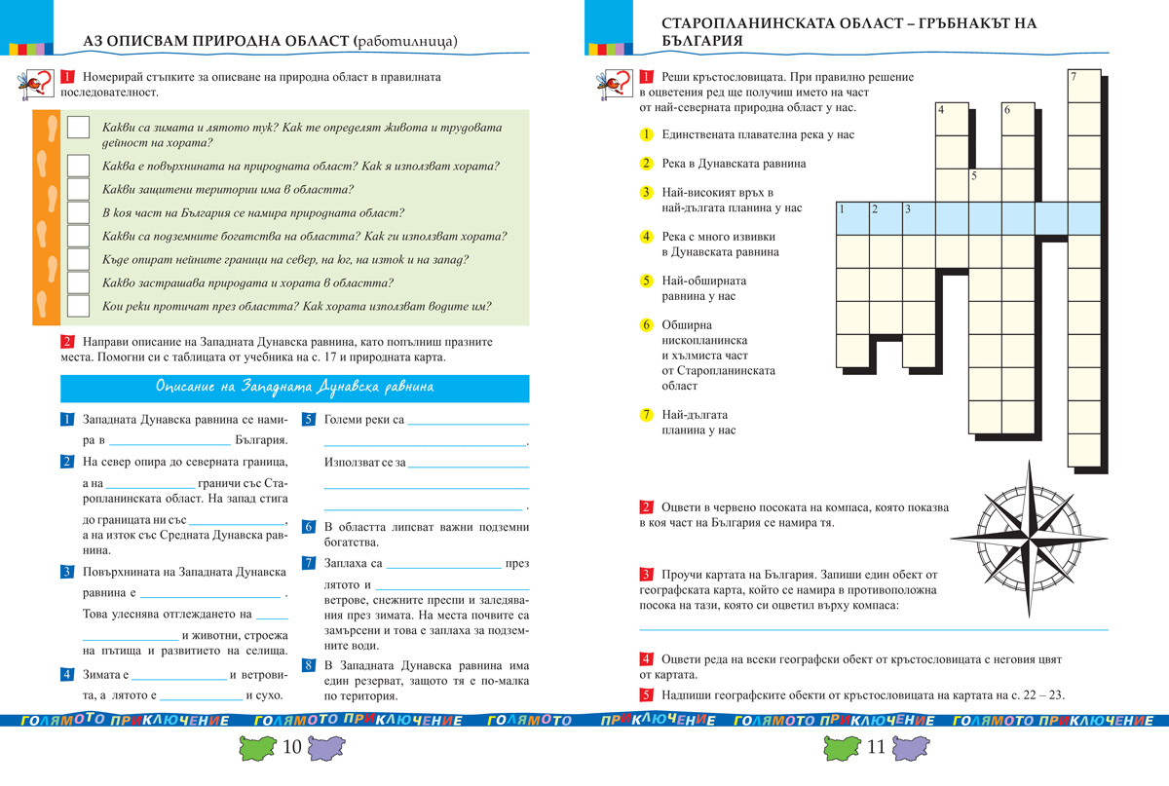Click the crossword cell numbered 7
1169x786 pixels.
[1084, 86]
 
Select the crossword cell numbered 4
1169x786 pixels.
[952, 120]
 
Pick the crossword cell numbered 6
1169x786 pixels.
[1017, 120]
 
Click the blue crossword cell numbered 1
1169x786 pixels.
[852, 218]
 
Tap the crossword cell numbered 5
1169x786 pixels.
[985, 185]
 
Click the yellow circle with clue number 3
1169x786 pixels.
[646, 192]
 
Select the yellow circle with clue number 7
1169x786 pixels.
[646, 415]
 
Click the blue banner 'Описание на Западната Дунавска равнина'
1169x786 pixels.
[295, 388]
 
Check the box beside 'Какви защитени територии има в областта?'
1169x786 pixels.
[79, 190]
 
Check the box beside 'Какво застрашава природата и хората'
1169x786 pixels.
[79, 283]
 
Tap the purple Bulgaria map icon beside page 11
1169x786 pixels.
[908, 748]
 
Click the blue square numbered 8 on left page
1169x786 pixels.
[309, 665]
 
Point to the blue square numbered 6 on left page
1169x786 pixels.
[309, 527]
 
